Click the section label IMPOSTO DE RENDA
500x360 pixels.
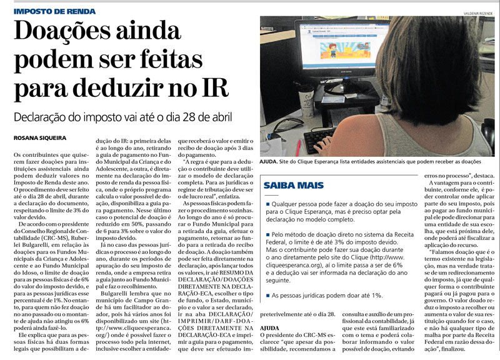tap(49, 11)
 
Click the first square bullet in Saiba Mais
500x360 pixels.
tap(267, 204)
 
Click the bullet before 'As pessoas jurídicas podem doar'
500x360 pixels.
tap(267, 294)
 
